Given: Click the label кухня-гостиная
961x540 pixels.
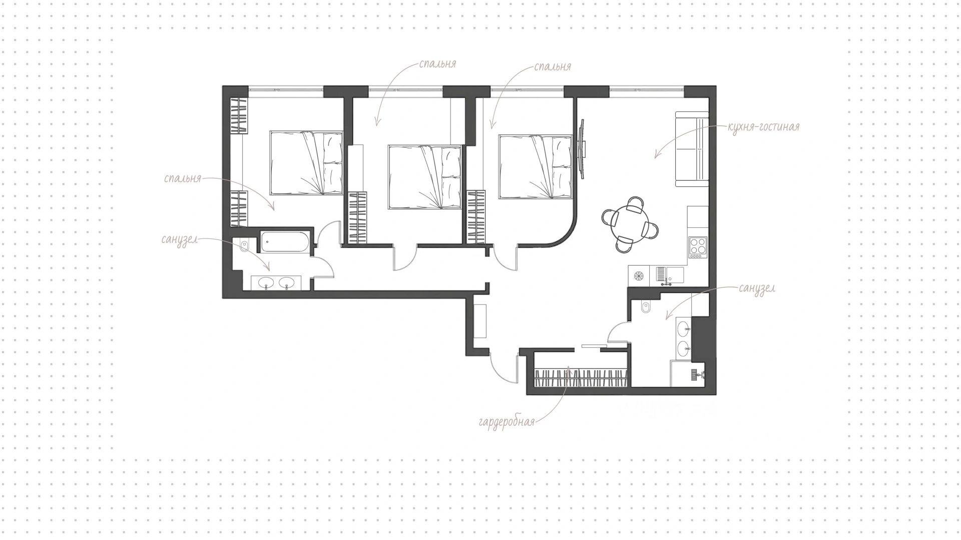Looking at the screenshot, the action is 763,127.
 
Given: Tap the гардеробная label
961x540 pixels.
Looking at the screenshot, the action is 507,422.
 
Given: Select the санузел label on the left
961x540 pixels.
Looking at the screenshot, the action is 179,240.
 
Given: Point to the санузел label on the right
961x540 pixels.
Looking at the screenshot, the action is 757,289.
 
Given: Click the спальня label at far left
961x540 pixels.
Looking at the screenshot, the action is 183,178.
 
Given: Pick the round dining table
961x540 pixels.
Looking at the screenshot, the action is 630,224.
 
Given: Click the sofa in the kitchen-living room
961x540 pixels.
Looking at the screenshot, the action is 692,149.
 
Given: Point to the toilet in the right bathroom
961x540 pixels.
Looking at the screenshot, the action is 646,306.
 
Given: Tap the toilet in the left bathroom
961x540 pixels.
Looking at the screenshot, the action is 244,245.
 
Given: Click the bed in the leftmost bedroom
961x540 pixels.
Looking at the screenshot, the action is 306,163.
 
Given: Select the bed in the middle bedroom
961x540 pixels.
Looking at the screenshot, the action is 425,177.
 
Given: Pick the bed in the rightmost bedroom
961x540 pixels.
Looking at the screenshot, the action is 535,167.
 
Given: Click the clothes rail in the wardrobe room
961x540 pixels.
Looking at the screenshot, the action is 581,377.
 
